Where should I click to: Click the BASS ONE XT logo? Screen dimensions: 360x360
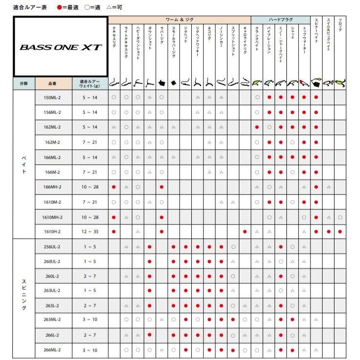coord(61,48)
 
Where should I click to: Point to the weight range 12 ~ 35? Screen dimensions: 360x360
coord(90,231)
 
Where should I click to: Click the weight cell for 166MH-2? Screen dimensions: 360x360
coord(90,187)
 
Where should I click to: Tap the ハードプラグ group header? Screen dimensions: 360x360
coord(281,20)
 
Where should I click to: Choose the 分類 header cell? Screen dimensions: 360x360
coord(24,84)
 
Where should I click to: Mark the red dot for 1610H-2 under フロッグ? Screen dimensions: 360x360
coord(340,231)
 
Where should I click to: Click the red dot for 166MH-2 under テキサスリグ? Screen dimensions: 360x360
coord(114,187)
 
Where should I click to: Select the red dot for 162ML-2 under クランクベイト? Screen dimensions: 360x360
coord(257,127)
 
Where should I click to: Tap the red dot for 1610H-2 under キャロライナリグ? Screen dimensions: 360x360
coord(245,231)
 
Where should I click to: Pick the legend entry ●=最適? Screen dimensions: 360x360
coord(67,7)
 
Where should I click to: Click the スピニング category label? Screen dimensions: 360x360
coord(24,294)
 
